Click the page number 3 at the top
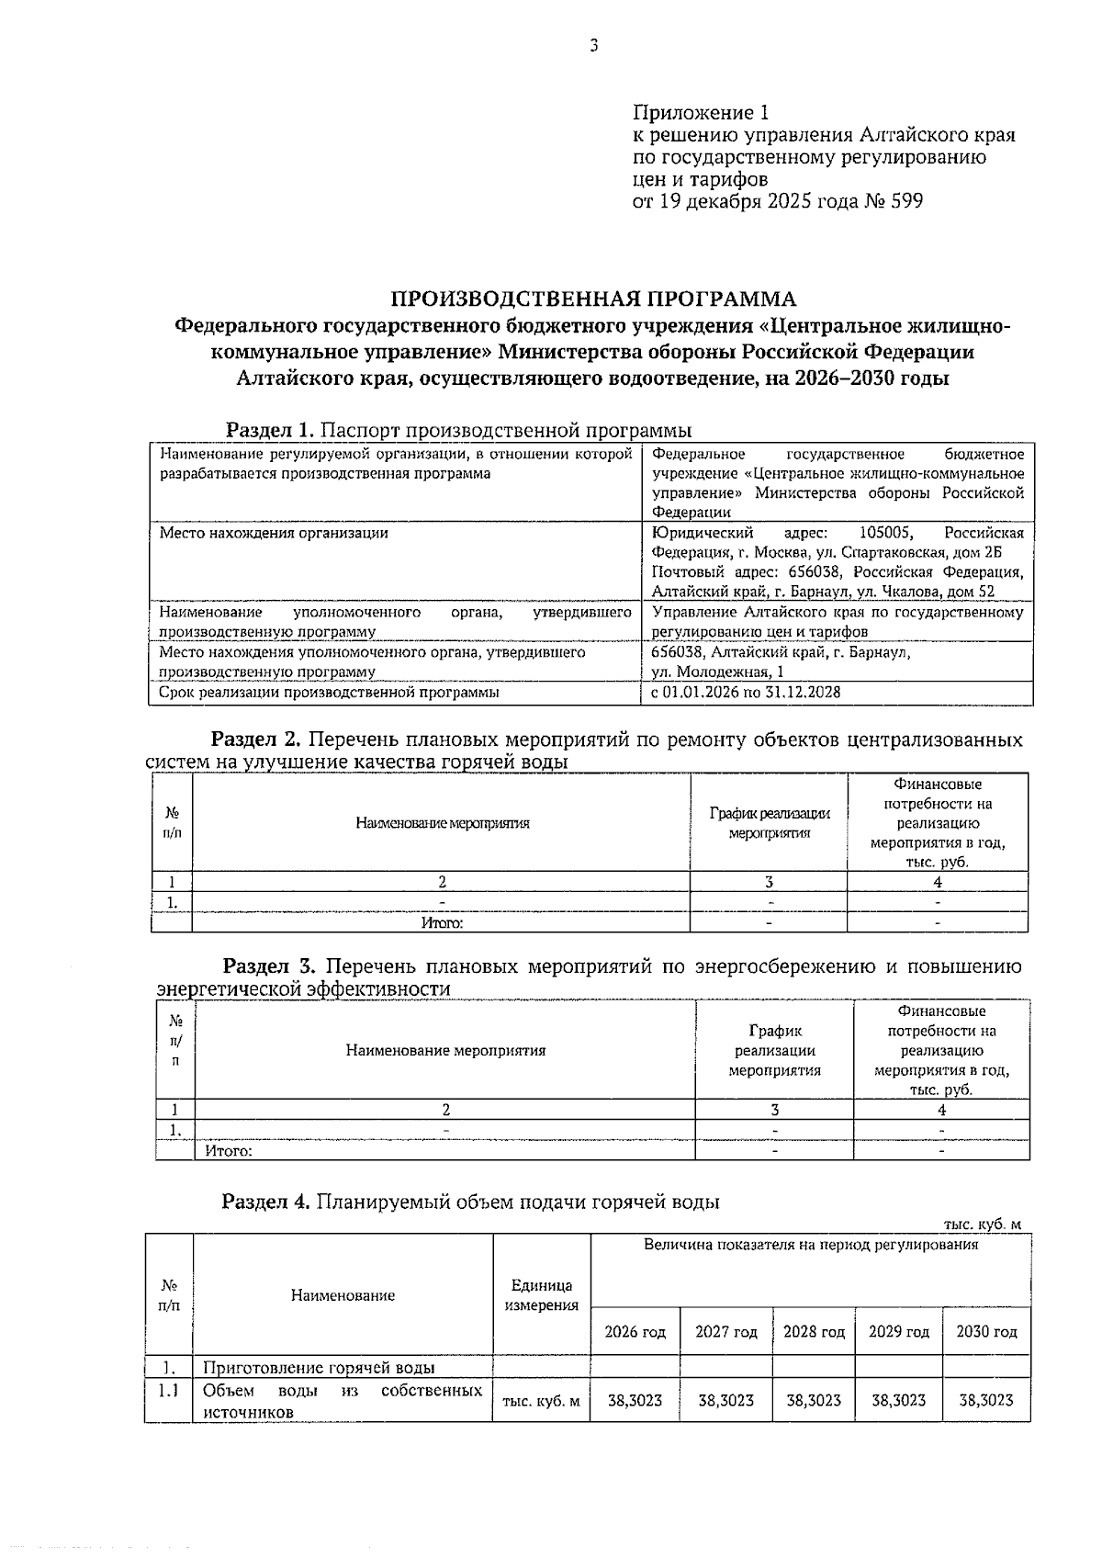click(x=593, y=46)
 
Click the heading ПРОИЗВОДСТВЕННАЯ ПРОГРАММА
click(x=593, y=299)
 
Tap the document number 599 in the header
click(x=905, y=201)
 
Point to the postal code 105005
click(x=885, y=533)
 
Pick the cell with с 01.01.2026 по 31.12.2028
click(x=746, y=693)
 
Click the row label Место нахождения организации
click(x=274, y=533)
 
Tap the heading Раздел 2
click(x=256, y=739)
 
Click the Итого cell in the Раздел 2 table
click(x=442, y=923)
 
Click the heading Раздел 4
click(x=267, y=1202)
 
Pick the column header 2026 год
click(x=635, y=1332)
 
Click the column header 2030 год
click(x=986, y=1332)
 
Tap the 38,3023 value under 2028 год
click(x=814, y=1400)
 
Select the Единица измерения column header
click(x=542, y=1295)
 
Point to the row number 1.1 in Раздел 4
click(x=168, y=1391)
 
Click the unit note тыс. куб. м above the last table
click(x=982, y=1225)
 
